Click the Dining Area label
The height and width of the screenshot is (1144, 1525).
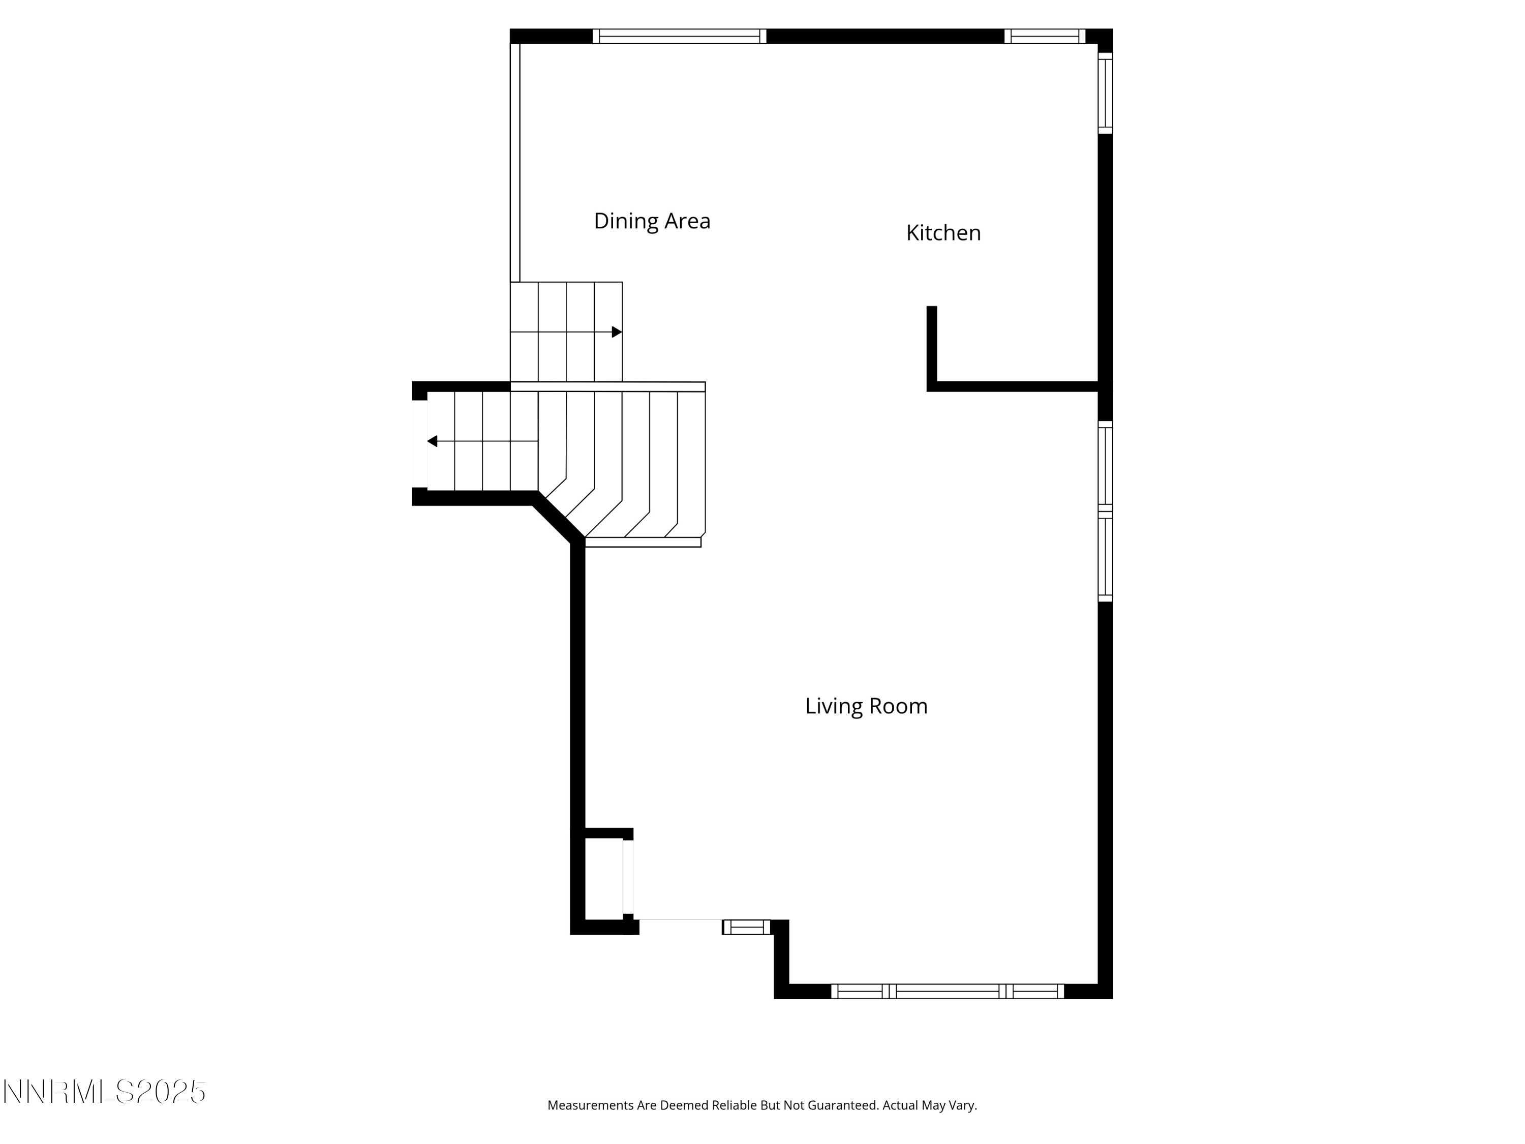coord(652,221)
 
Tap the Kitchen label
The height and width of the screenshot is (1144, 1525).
coord(943,233)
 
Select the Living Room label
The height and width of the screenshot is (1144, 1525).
coord(866,706)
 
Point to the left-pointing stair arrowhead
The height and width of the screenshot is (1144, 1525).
coord(432,441)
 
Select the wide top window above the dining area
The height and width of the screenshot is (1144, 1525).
coord(679,37)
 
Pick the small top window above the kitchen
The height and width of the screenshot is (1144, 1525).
coord(1045,37)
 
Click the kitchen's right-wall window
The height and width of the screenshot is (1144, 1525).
coord(1105,93)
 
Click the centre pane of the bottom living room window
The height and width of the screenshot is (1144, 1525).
coord(947,991)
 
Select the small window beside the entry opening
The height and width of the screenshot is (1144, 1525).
coord(747,927)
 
